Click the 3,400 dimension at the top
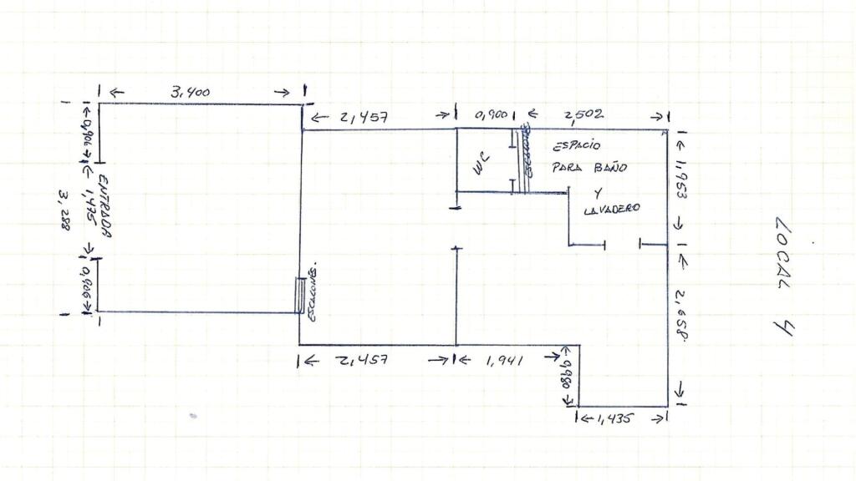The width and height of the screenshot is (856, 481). tap(191, 93)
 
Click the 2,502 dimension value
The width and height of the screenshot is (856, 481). tap(583, 114)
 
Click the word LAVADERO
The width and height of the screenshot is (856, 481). tap(608, 210)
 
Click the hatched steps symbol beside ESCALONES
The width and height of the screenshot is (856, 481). tap(299, 295)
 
